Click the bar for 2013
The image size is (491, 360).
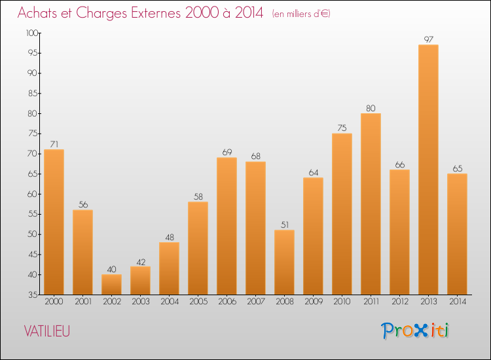[x=428, y=170]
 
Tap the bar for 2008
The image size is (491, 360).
[x=284, y=262]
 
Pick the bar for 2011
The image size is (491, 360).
[x=371, y=204]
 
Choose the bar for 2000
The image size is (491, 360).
[x=54, y=222]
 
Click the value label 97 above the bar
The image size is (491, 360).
[x=428, y=39]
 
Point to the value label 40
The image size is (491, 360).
[x=111, y=269]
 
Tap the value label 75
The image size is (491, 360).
[x=342, y=128]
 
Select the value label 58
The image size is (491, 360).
[x=198, y=196]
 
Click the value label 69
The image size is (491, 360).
[x=227, y=152]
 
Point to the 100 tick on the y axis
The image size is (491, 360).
[x=31, y=33]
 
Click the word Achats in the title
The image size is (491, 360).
[x=40, y=12]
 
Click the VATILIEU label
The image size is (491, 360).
[x=46, y=331]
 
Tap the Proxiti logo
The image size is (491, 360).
[x=416, y=331]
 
